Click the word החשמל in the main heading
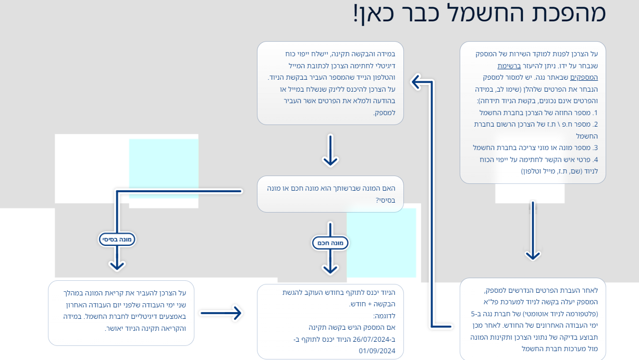coord(488,14)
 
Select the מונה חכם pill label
coord(330,243)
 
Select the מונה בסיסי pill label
coord(117,240)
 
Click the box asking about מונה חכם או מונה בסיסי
coord(330,194)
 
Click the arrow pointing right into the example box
coord(222,313)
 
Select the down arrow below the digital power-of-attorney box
coord(330,151)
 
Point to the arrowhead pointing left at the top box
coord(417,81)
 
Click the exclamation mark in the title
coord(356,14)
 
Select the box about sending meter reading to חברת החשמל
coord(121,313)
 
